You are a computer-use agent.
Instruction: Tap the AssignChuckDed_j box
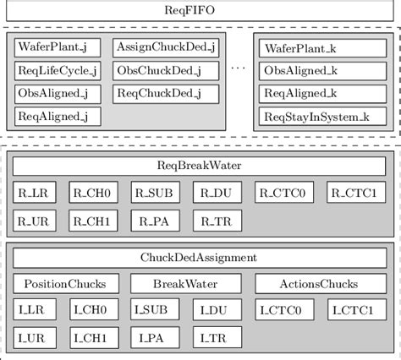(166, 48)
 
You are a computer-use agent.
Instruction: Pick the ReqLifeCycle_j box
(57, 71)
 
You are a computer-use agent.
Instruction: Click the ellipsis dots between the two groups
(238, 71)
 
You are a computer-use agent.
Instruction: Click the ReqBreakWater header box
(200, 166)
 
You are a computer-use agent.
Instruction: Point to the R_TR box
(217, 221)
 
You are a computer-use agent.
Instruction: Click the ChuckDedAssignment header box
(200, 257)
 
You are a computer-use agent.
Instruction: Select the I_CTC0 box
(285, 312)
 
